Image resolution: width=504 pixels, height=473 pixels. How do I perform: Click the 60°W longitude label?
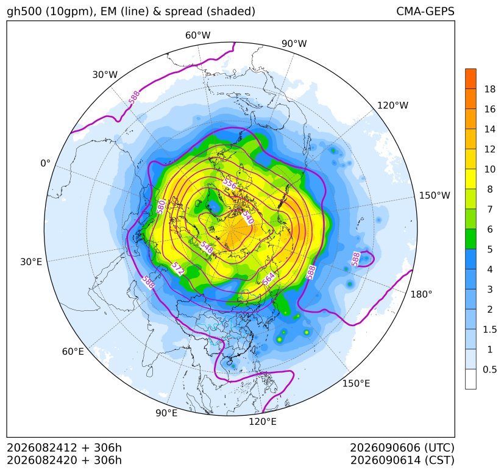tap(197, 35)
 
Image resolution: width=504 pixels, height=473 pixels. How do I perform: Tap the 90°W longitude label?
tap(294, 43)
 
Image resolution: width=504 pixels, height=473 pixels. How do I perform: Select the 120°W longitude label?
tap(392, 105)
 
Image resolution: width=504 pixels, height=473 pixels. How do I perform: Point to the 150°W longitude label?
tap(435, 195)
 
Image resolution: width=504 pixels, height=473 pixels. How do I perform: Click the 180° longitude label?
tap(421, 294)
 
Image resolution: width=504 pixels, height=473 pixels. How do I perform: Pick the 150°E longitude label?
tap(356, 383)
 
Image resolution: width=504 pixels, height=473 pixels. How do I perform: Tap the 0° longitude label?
tap(45, 163)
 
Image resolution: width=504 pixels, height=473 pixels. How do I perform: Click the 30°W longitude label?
tap(105, 74)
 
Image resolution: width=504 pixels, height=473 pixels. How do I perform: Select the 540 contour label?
tap(248, 217)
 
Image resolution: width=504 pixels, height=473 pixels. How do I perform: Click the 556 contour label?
tap(230, 184)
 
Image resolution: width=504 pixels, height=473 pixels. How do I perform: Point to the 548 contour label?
tap(207, 247)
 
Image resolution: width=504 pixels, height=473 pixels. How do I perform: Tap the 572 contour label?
tap(178, 268)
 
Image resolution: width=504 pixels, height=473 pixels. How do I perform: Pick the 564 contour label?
tap(269, 279)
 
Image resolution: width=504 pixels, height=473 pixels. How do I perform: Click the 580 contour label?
tap(161, 207)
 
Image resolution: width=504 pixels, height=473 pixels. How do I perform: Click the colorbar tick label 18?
tap(490, 89)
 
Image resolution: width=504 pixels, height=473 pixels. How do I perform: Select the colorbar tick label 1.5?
tap(490, 329)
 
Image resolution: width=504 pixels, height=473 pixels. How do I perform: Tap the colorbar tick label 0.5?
tap(490, 369)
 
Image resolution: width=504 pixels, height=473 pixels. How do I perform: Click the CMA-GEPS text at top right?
tap(425, 12)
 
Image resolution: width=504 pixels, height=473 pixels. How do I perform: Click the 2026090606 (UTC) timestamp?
tap(402, 447)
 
